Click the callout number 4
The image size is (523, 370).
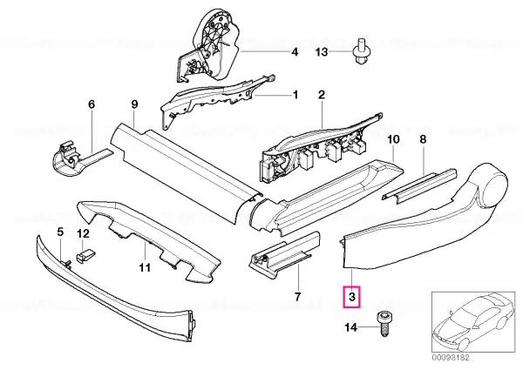[295, 52]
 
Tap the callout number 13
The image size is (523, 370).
[322, 52]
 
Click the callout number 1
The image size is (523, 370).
[295, 95]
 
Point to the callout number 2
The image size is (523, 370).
[321, 95]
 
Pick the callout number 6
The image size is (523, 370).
[92, 104]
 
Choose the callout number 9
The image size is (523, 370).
[134, 104]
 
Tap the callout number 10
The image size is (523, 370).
[394, 139]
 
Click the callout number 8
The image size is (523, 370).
[423, 139]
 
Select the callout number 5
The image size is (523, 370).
[60, 232]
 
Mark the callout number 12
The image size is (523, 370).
[84, 234]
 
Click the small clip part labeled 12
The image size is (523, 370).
[85, 256]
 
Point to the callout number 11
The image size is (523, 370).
[145, 267]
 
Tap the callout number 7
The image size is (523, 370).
[297, 296]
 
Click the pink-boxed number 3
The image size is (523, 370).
[352, 297]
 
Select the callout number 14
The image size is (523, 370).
[350, 327]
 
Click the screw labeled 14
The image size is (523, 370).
[384, 324]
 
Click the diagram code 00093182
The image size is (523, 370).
[451, 358]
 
